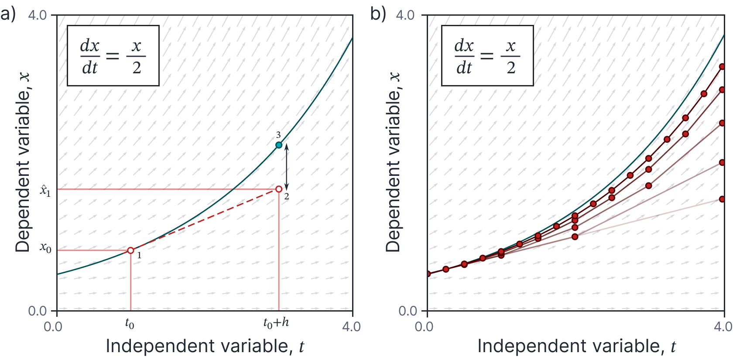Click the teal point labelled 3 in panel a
(279, 145)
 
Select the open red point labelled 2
(279, 189)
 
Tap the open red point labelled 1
(130, 250)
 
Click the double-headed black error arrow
(287, 167)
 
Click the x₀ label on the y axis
(45, 248)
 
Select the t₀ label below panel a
(130, 323)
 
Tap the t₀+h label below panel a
(276, 323)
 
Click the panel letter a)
(8, 14)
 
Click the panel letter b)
(378, 14)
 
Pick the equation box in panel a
(113, 55)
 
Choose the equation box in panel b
(487, 55)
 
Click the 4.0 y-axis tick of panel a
(38, 15)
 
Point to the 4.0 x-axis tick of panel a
(352, 326)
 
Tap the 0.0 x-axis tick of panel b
(424, 326)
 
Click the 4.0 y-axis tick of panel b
(405, 15)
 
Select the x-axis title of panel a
(205, 346)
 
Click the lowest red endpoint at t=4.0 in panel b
(722, 199)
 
